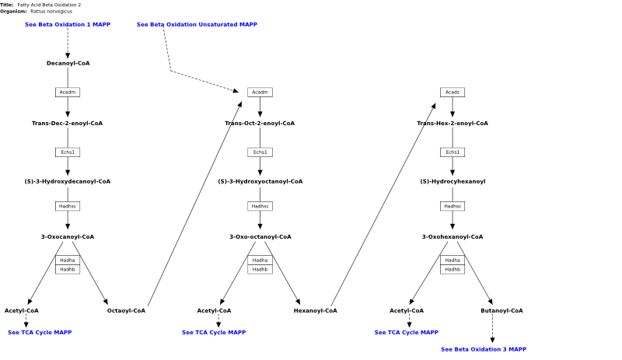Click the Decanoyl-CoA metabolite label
pos(68,63)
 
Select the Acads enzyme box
pos(453,92)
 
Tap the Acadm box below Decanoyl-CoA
pos(68,92)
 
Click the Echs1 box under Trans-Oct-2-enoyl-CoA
pos(260,152)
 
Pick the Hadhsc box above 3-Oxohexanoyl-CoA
pos(453,206)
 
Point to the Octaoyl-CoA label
pos(126,311)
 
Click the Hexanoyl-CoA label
pos(316,311)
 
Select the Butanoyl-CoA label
pos(501,311)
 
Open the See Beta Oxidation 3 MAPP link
pos(484,349)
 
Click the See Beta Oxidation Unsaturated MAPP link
pos(197,25)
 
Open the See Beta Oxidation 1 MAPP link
pos(68,25)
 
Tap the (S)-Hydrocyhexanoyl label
pos(453,181)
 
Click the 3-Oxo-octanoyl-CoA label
pos(260,237)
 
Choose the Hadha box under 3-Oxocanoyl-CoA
pos(68,260)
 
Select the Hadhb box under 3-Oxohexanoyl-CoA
pos(453,270)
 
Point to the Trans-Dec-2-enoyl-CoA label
pos(67,124)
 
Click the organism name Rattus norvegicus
pos(51,12)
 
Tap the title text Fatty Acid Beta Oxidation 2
pos(49,5)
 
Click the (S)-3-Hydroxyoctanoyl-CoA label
pos(260,181)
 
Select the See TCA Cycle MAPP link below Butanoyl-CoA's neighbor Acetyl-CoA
pos(406,333)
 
